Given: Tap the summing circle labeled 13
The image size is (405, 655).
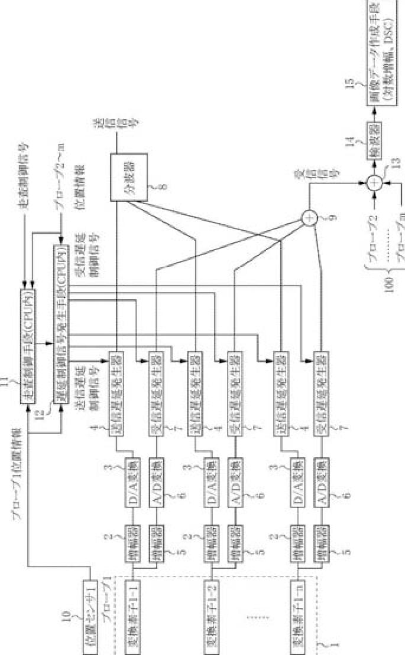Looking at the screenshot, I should click(x=374, y=183).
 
